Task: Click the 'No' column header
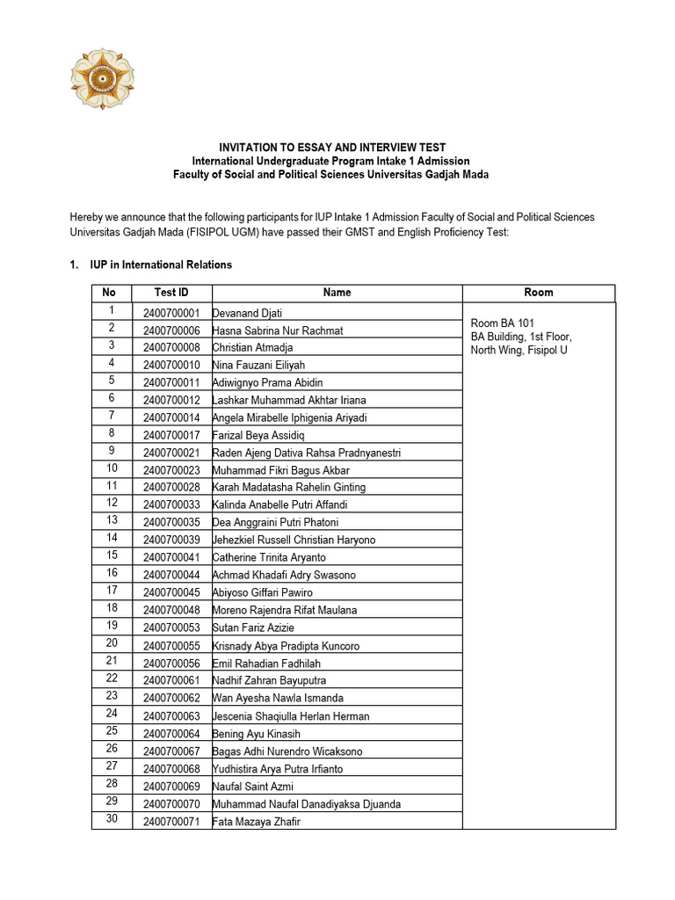109,293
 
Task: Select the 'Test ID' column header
171,293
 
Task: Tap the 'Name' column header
337,293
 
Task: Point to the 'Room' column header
538,293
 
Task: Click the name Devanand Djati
247,313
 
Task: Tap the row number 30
112,820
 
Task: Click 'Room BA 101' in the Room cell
503,323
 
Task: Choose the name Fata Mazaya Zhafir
256,822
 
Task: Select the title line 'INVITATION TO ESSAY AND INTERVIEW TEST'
332,148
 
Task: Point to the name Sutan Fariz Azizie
253,628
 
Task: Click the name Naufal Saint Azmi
253,787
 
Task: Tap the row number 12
112,503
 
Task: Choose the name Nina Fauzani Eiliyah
258,365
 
